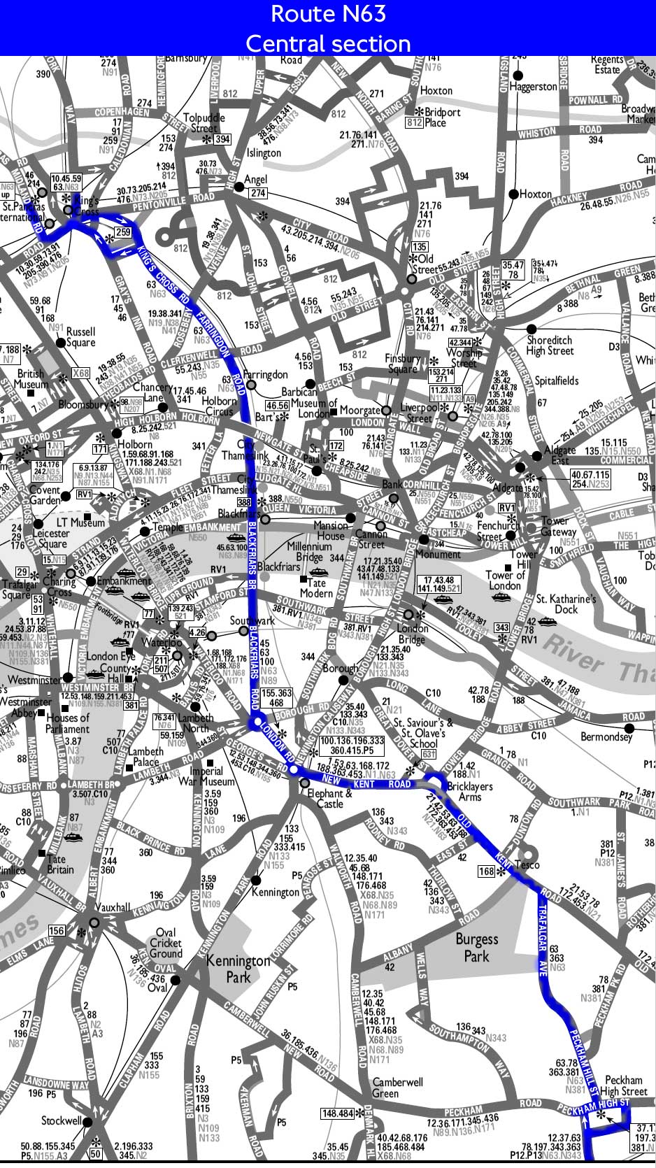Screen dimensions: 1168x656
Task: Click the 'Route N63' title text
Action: [x=328, y=13]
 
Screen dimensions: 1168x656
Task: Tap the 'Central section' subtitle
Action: [x=328, y=43]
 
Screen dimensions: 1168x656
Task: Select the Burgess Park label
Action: [x=477, y=947]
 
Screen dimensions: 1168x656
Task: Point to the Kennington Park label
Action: [x=238, y=968]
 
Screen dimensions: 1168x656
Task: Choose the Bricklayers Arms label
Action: [x=470, y=791]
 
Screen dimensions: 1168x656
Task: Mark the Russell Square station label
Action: [x=80, y=337]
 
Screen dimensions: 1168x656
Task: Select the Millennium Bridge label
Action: [x=309, y=551]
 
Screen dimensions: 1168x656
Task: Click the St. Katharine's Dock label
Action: [x=566, y=604]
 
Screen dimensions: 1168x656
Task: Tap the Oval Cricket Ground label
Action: [x=166, y=943]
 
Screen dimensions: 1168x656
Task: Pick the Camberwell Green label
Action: [x=397, y=1087]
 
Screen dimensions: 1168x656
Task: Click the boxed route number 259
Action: [x=123, y=232]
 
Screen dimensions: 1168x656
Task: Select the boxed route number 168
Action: [x=487, y=871]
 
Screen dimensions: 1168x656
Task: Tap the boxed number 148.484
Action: [x=337, y=1113]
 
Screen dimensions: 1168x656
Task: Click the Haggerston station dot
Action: [x=518, y=75]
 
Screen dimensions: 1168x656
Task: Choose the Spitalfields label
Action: [x=557, y=380]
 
